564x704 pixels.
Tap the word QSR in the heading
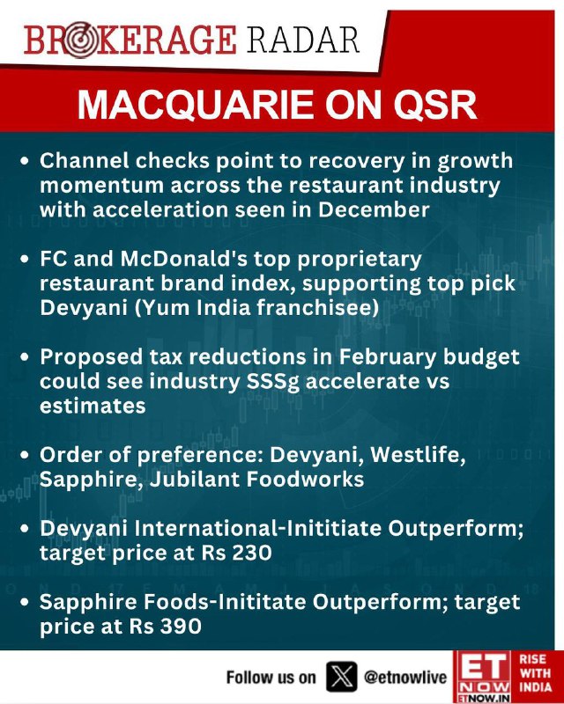click(435, 105)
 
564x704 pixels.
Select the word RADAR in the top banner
click(303, 40)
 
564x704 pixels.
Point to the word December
click(374, 209)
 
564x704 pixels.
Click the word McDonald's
click(183, 259)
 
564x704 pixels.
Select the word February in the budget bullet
click(387, 357)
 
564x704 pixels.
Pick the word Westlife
click(418, 455)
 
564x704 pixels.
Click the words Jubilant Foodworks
click(256, 479)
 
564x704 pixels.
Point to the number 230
click(252, 553)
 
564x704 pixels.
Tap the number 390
click(182, 626)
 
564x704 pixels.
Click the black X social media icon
click(341, 676)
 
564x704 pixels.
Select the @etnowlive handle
click(405, 677)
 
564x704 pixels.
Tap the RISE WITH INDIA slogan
click(535, 672)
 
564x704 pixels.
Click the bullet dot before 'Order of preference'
click(26, 455)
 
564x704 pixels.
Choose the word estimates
click(93, 406)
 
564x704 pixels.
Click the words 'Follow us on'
click(271, 677)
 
